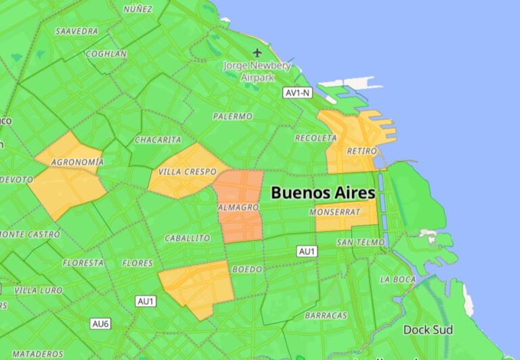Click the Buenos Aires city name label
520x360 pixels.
[x=323, y=193]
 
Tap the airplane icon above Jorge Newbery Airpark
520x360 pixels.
[x=257, y=52]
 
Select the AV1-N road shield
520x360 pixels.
[x=297, y=93]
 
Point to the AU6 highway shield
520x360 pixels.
[x=100, y=324]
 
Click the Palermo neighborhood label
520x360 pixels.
[x=232, y=116]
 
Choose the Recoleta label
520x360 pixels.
[x=316, y=138]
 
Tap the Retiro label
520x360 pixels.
[x=361, y=150]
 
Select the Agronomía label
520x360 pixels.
[x=78, y=162]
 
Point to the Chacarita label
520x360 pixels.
[x=158, y=140]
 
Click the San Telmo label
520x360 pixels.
[x=360, y=242]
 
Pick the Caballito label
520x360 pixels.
[x=187, y=238]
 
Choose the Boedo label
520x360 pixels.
[x=246, y=269]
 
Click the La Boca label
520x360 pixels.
[x=397, y=279]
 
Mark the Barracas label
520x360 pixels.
[x=326, y=316]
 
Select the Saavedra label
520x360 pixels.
[x=77, y=31]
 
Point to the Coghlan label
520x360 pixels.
[x=106, y=53]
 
